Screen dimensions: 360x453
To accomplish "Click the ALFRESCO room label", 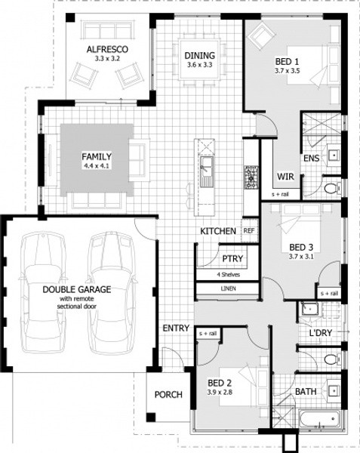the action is click(107, 49).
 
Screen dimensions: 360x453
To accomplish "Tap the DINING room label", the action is click(200, 55).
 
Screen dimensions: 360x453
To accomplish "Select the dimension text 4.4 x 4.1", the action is click(97, 166).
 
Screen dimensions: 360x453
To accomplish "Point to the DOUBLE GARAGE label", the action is click(77, 289).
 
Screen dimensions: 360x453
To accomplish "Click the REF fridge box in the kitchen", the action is click(249, 230).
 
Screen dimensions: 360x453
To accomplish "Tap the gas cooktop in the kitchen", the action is click(251, 177).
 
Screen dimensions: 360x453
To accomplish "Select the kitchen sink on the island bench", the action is click(207, 171).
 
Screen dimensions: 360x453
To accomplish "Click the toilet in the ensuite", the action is click(332, 189).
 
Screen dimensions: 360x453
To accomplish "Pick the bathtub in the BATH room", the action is click(319, 418).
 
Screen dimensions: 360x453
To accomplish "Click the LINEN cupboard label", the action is click(229, 288).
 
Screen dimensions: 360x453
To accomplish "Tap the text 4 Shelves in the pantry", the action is click(229, 275).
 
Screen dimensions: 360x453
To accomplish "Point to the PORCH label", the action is click(168, 395).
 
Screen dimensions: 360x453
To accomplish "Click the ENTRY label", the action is click(176, 328).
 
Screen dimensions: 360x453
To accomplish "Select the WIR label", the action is click(285, 176).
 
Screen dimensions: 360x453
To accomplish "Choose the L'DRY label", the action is click(321, 333).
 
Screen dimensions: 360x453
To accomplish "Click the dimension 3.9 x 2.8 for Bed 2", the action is click(220, 393).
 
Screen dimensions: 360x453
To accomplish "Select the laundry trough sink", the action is click(309, 310).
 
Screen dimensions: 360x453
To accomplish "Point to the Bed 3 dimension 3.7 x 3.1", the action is click(301, 256).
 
